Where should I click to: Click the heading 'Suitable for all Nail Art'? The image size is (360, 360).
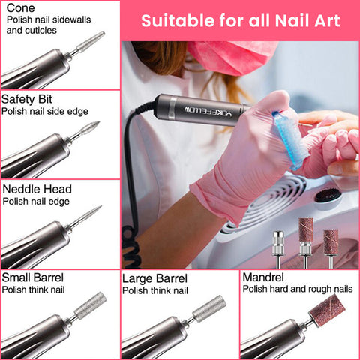[x=240, y=19]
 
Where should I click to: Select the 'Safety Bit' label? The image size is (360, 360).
[x=26, y=98]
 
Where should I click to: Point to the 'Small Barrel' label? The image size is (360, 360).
[x=31, y=278]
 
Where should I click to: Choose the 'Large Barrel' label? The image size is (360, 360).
[x=154, y=278]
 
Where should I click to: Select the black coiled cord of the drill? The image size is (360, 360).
[x=133, y=225]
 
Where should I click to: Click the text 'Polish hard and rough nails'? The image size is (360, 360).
[x=297, y=289]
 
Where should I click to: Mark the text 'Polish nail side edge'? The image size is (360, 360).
[x=44, y=111]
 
